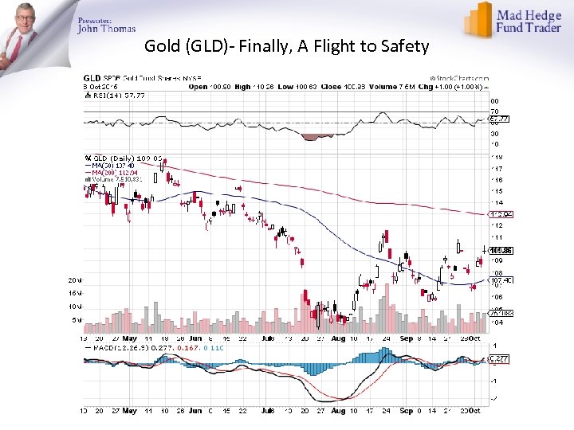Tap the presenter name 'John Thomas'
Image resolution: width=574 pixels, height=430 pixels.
[106, 29]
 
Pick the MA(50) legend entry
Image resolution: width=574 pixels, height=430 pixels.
[112, 165]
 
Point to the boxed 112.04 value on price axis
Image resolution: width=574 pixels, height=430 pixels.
[499, 213]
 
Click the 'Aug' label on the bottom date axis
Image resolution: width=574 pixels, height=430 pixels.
[337, 411]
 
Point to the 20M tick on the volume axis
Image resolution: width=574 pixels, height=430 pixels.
[73, 280]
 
